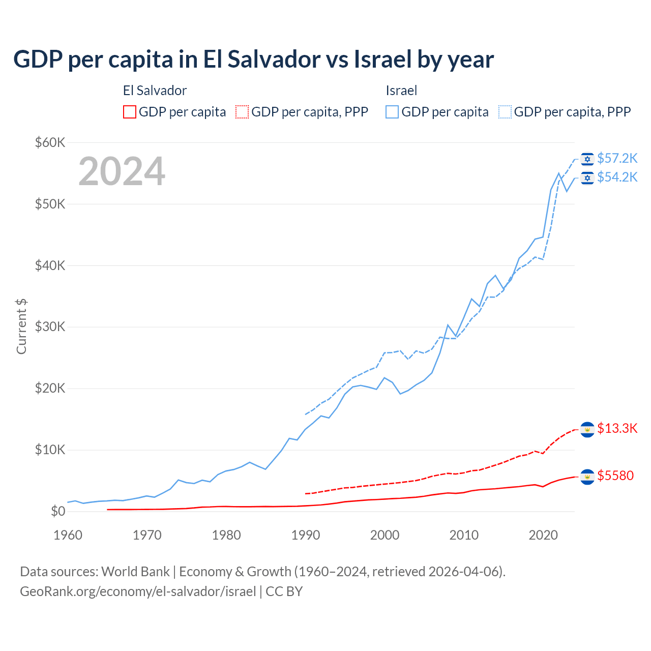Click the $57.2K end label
click(x=617, y=159)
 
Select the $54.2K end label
click(x=617, y=177)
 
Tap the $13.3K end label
click(x=617, y=429)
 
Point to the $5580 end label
click(x=615, y=476)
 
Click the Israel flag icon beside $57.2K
click(x=587, y=159)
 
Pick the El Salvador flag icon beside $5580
click(x=587, y=477)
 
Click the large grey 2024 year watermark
click(x=122, y=171)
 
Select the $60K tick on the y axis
click(x=50, y=142)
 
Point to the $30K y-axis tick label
click(x=50, y=327)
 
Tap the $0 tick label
click(x=58, y=512)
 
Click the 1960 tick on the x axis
click(x=68, y=535)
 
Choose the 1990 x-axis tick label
click(x=306, y=535)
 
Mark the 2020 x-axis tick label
click(x=543, y=535)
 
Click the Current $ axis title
click(x=21, y=327)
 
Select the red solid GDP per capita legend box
click(x=130, y=112)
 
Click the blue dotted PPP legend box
click(x=505, y=112)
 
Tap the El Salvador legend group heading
click(x=155, y=91)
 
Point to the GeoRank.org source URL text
click(x=138, y=591)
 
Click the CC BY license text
click(x=284, y=591)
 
